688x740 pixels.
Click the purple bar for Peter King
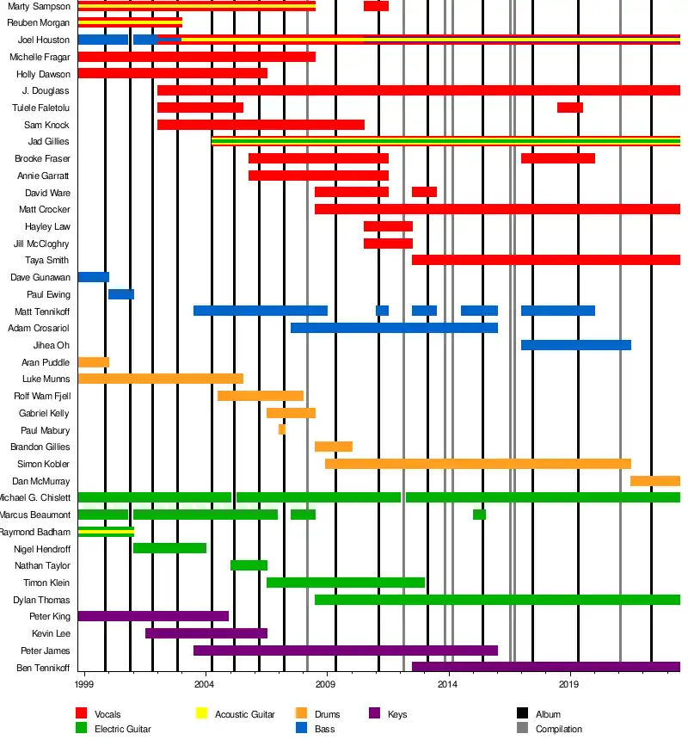[x=153, y=616]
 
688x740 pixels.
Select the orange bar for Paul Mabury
[x=282, y=429]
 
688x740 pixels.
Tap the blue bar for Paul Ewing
[x=121, y=294]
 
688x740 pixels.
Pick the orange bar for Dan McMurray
[x=655, y=481]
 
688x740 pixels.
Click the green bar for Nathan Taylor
[x=249, y=565]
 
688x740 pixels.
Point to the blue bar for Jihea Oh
[x=576, y=345]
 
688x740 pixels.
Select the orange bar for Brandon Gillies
[x=334, y=447]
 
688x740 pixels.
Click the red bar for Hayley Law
[x=388, y=226]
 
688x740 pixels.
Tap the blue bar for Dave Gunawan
[x=94, y=277]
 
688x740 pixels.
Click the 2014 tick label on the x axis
[x=447, y=685]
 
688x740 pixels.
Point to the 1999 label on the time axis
[x=84, y=685]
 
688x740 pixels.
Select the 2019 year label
[x=568, y=685]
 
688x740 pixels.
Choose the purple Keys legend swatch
[x=374, y=713]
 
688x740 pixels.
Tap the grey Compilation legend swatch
[x=522, y=729]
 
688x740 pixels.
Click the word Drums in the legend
[x=328, y=714]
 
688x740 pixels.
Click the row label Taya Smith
[x=47, y=261]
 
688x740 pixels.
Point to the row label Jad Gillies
[x=49, y=142]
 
